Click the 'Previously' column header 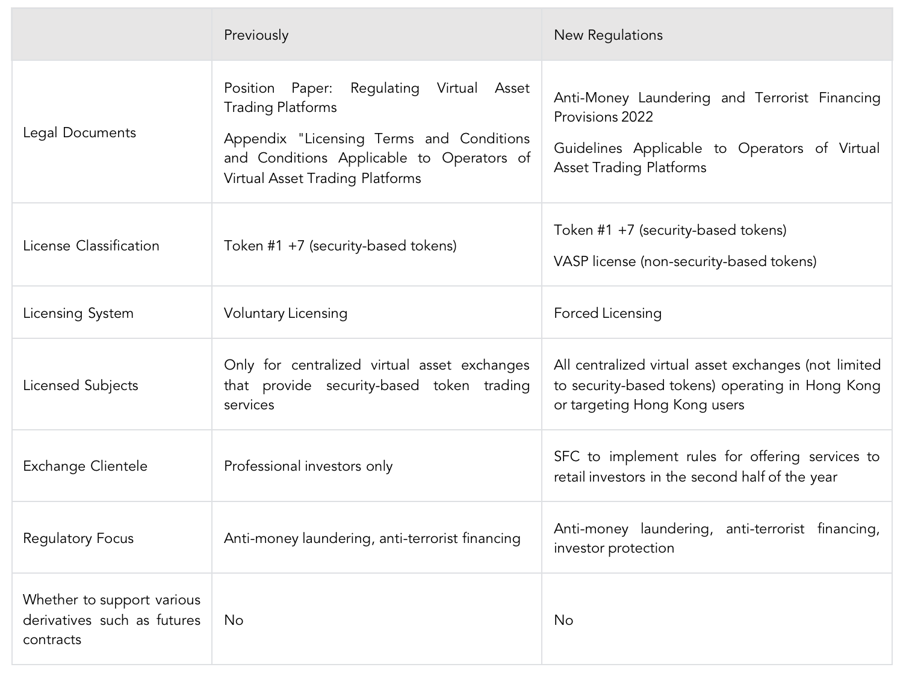pyautogui.click(x=256, y=35)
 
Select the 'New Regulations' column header pyautogui.click(x=608, y=35)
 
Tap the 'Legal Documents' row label pyautogui.click(x=79, y=132)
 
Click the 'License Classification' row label pyautogui.click(x=91, y=246)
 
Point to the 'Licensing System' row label pyautogui.click(x=78, y=313)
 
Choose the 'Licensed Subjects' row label pyautogui.click(x=81, y=385)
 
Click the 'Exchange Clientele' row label pyautogui.click(x=85, y=466)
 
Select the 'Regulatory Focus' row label pyautogui.click(x=78, y=538)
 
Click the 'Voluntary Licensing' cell pyautogui.click(x=285, y=313)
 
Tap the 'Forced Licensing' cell pyautogui.click(x=607, y=313)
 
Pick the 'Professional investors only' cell pyautogui.click(x=308, y=466)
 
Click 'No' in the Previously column pyautogui.click(x=234, y=620)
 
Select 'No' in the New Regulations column pyautogui.click(x=563, y=620)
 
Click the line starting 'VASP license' pyautogui.click(x=685, y=261)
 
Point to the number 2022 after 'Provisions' pyautogui.click(x=637, y=117)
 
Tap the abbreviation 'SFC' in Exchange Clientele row pyautogui.click(x=566, y=456)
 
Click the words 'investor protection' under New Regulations pyautogui.click(x=614, y=548)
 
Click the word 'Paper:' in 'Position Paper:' pyautogui.click(x=312, y=88)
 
